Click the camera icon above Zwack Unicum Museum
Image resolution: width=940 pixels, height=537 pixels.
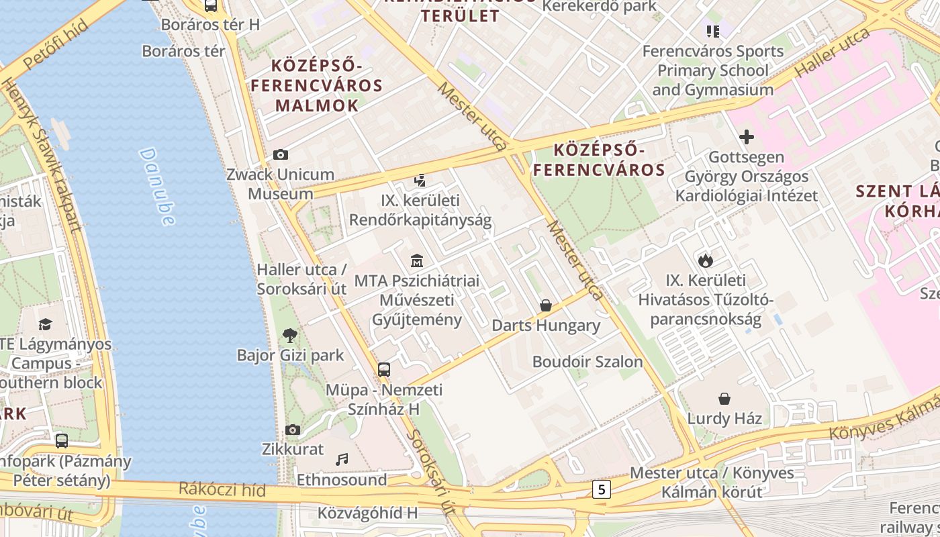coord(281,155)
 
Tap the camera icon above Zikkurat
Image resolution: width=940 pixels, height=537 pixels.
coord(293,430)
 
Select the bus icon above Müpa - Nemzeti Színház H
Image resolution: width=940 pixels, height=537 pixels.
coord(384,370)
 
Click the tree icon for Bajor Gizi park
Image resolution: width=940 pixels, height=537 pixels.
coord(290,335)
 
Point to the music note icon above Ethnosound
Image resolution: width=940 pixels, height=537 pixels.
coord(342,460)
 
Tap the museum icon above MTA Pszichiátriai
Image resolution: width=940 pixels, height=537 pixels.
coord(417,260)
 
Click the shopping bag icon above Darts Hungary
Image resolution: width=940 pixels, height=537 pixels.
coord(546,305)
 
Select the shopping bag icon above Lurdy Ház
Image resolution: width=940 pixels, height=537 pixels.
coord(724,399)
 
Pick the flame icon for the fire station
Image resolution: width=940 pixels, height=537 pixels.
coord(705,260)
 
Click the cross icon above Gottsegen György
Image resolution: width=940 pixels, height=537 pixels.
coord(746,138)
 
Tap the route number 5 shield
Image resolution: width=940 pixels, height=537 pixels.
coord(601,489)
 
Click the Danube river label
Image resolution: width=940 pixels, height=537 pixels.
coord(157,186)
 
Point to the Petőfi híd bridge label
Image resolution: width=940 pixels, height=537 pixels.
coord(55,44)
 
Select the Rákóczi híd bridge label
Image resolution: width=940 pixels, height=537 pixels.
coord(222,489)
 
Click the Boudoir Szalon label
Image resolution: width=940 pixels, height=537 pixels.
coord(587,362)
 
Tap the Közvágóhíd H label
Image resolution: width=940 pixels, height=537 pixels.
coord(367,514)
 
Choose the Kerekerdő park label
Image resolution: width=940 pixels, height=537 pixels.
coord(599,6)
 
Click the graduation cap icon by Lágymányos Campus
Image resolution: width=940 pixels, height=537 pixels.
coord(45,324)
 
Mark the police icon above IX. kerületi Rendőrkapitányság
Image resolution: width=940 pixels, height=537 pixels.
coord(420,180)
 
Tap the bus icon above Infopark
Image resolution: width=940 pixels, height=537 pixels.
coord(62,441)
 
